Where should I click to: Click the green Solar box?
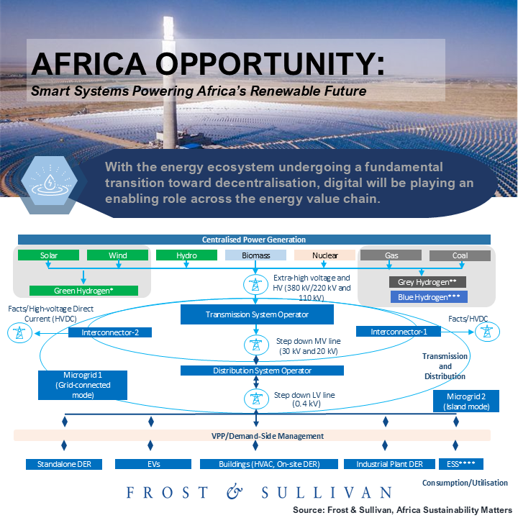pyautogui.click(x=49, y=255)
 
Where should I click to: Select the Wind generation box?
pyautogui.click(x=117, y=255)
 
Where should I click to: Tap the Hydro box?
pyautogui.click(x=186, y=255)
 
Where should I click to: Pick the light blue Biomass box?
pyautogui.click(x=255, y=255)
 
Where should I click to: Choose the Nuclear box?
pyautogui.click(x=324, y=255)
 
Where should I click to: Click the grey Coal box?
pyautogui.click(x=460, y=255)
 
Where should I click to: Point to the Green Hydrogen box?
pyautogui.click(x=83, y=291)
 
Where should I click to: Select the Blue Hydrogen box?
pyautogui.click(x=429, y=297)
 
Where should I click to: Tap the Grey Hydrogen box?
pyautogui.click(x=427, y=282)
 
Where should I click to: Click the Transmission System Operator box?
pyautogui.click(x=257, y=314)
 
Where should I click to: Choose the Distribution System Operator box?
pyautogui.click(x=262, y=371)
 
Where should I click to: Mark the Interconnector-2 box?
pyautogui.click(x=110, y=332)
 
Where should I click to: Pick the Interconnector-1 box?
pyautogui.click(x=399, y=332)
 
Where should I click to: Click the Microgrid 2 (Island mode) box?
pyautogui.click(x=466, y=401)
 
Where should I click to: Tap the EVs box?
pyautogui.click(x=153, y=464)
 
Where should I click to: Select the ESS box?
pyautogui.click(x=461, y=464)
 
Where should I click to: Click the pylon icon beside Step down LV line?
pyautogui.click(x=256, y=399)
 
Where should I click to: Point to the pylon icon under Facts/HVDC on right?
pyautogui.click(x=487, y=332)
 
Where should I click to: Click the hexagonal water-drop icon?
pyautogui.click(x=50, y=181)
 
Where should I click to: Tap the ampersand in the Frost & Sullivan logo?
pyautogui.click(x=235, y=491)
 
